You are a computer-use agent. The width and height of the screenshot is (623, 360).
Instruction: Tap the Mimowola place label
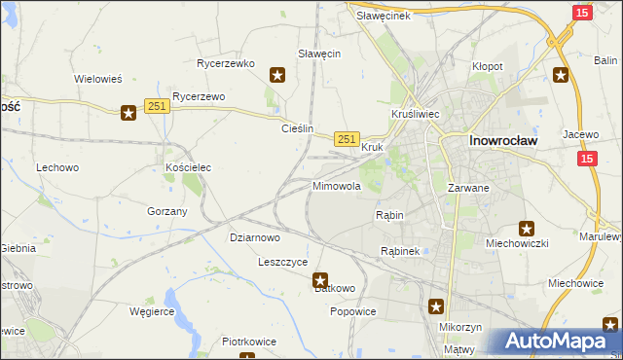coord(337,185)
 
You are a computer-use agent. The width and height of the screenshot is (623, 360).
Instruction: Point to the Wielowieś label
coord(97,79)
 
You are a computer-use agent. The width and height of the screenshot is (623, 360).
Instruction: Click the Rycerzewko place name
coord(225,63)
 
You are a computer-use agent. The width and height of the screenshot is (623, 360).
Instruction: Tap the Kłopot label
coord(487,66)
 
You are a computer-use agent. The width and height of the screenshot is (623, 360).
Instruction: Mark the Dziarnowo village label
coord(255,236)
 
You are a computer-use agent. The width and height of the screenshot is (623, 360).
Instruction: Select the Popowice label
coord(352,311)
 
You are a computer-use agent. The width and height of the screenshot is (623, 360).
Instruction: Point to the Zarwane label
coord(467,187)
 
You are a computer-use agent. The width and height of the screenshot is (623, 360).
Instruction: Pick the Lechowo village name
coord(57,167)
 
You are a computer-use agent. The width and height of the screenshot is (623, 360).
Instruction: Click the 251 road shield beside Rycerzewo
coord(157,106)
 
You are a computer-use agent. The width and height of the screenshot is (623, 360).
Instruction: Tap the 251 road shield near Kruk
coord(348,139)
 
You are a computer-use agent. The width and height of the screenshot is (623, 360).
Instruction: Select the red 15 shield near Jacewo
coord(586,158)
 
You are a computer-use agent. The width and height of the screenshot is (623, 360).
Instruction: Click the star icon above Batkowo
coord(320,280)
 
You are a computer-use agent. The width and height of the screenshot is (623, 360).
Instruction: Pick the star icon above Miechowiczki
coord(527,230)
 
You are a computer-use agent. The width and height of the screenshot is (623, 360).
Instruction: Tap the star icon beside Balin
coord(561,74)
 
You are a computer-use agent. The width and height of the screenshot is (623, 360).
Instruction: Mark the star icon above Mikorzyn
coord(437,307)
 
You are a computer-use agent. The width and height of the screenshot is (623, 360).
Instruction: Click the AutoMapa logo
coord(559,342)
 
